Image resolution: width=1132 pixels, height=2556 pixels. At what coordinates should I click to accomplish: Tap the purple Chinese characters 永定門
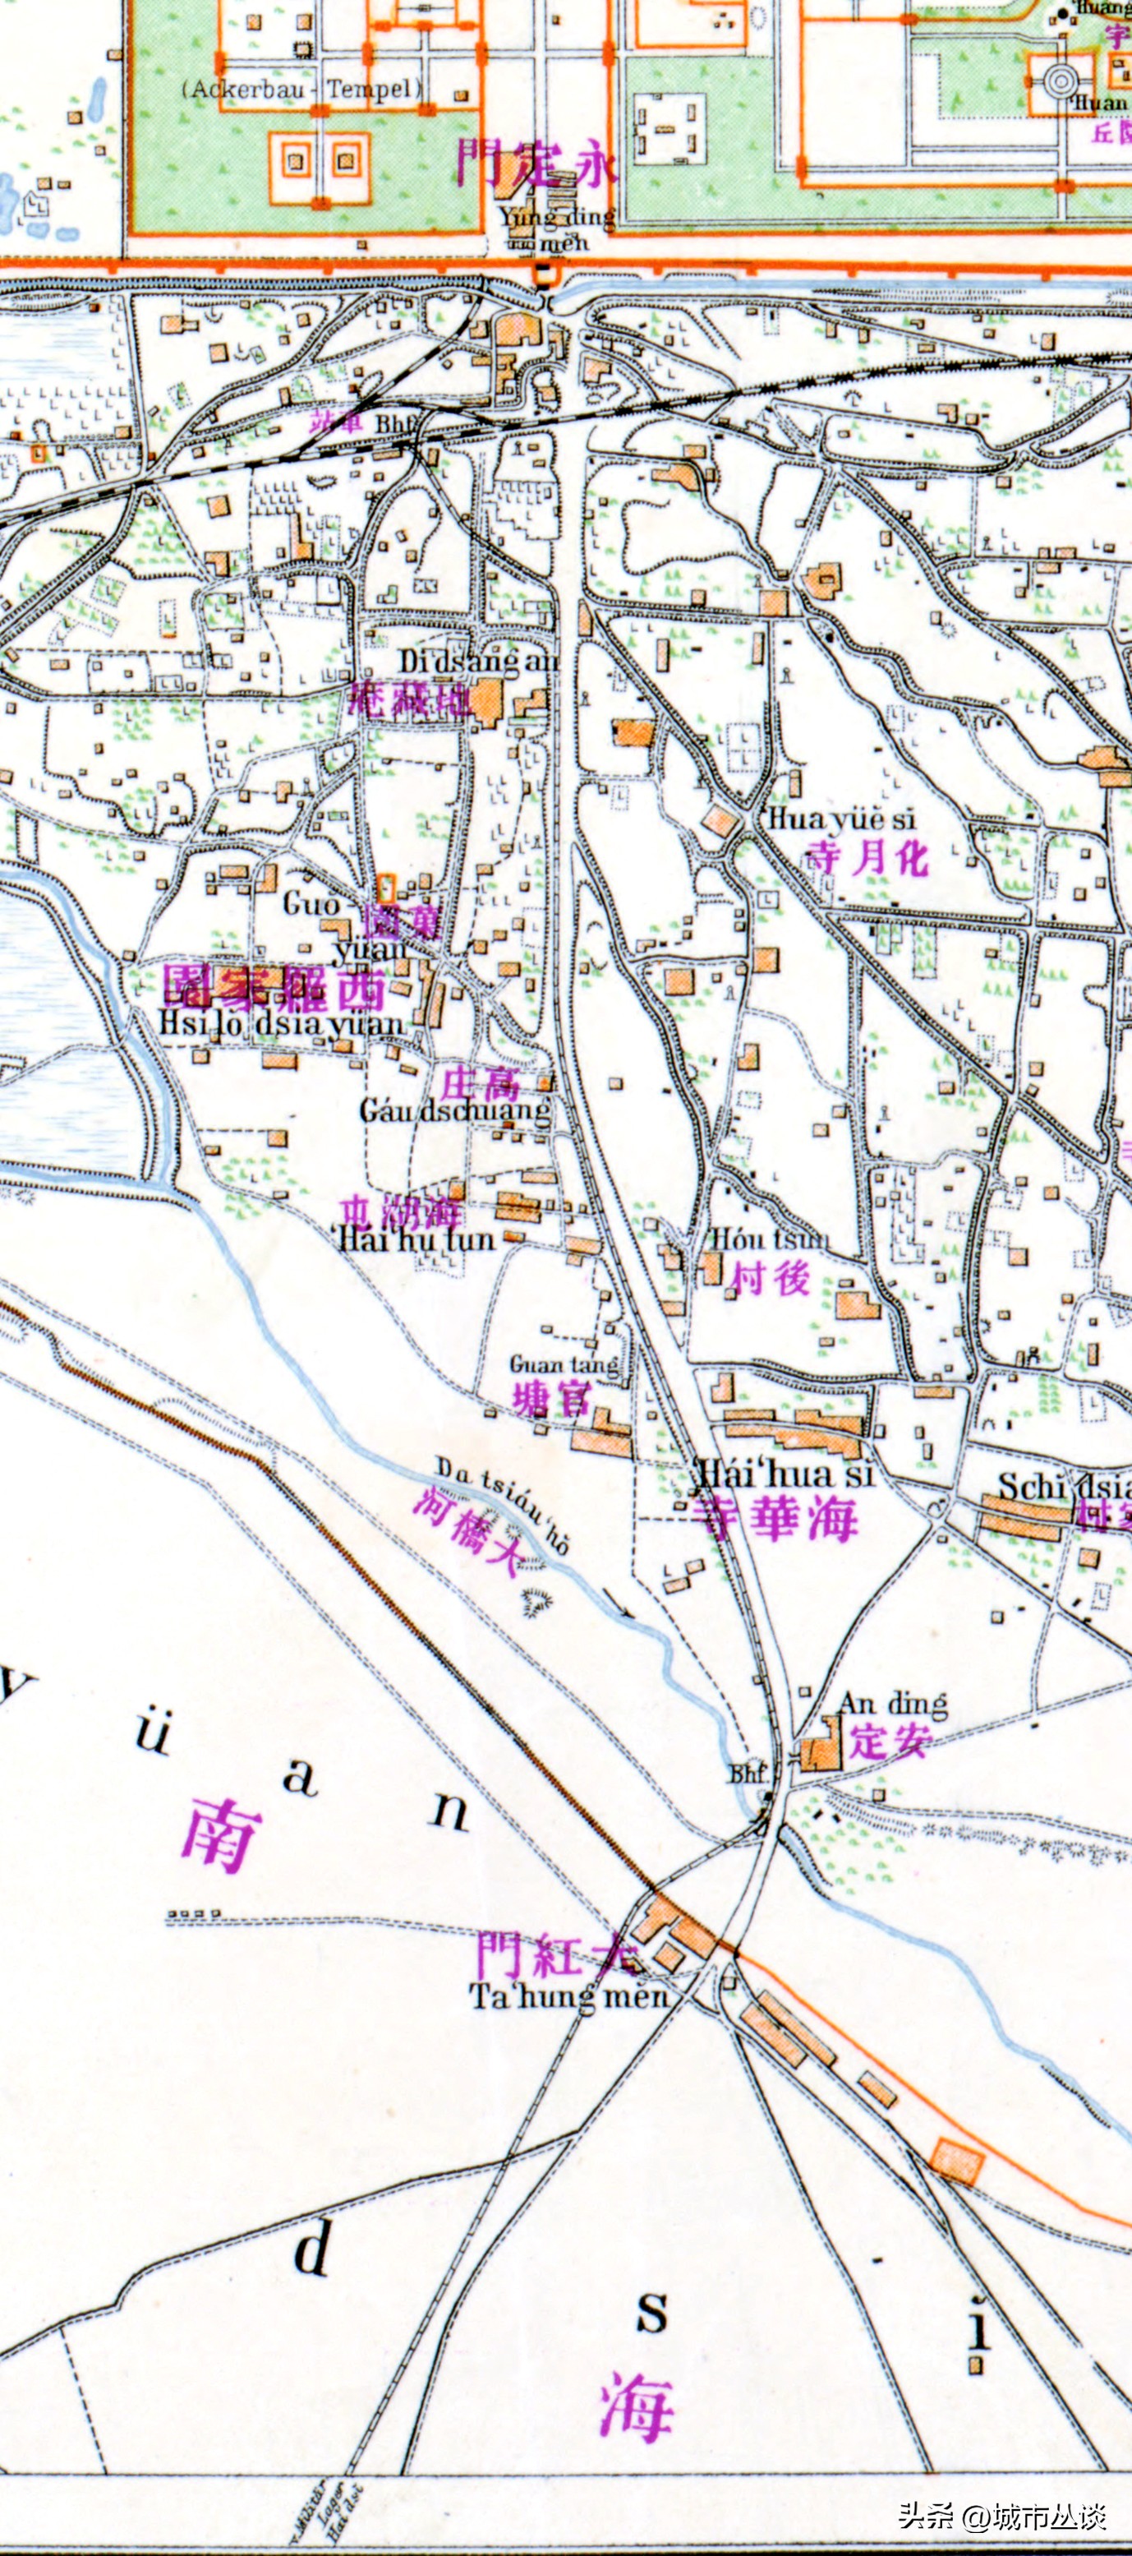click(536, 162)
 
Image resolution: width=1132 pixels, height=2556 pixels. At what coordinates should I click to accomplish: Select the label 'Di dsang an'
click(478, 661)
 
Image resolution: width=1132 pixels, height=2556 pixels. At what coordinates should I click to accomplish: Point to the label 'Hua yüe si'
click(841, 819)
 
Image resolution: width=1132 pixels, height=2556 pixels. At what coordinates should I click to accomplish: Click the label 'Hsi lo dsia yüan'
click(282, 1024)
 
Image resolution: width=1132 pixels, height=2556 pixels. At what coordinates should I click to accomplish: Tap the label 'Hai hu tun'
click(416, 1239)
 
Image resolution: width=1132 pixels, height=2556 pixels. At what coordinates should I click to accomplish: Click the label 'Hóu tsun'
click(770, 1239)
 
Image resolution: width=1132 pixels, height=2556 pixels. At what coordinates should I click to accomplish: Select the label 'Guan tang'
click(564, 1365)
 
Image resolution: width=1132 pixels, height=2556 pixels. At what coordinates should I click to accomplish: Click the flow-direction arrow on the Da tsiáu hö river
click(622, 1604)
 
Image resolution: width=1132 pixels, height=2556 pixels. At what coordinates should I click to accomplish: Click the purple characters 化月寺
click(868, 857)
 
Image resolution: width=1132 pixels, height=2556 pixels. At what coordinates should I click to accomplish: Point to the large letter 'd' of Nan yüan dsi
click(312, 2248)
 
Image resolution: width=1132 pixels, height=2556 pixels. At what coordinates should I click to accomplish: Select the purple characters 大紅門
click(558, 1954)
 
